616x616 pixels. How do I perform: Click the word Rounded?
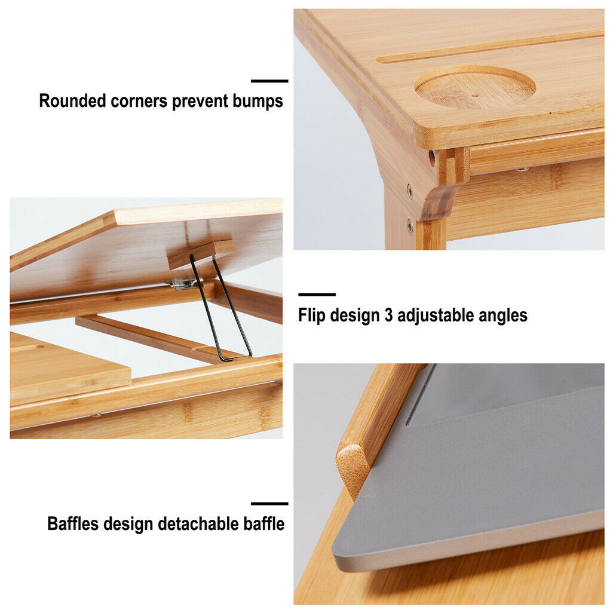(x=72, y=101)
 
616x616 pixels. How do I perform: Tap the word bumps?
(x=258, y=101)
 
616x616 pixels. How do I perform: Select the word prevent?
(x=200, y=102)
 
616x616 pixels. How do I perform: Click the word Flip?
(x=311, y=315)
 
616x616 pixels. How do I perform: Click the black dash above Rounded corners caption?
(x=269, y=81)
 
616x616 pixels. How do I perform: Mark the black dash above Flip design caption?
(x=317, y=294)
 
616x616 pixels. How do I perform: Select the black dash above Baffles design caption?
(x=269, y=503)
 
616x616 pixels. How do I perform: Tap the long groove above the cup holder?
(x=489, y=48)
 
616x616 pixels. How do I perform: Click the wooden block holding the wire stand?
(x=201, y=254)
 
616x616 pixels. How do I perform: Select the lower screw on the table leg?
(x=410, y=226)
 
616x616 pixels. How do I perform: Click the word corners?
(x=139, y=102)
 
